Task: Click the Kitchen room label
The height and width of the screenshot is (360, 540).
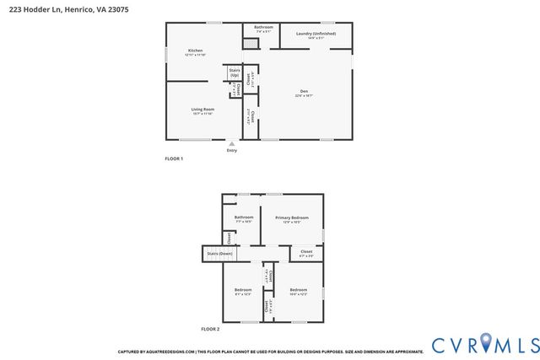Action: coord(195,51)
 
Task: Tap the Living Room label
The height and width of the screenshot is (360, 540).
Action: coord(202,110)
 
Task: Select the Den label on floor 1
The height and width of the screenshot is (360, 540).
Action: coord(304,91)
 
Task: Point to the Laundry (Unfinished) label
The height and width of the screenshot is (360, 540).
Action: coord(316,34)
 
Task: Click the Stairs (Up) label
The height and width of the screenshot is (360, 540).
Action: coord(234,73)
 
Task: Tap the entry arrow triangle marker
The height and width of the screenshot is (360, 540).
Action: coord(232,144)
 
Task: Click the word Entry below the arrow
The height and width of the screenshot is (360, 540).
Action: coord(232,151)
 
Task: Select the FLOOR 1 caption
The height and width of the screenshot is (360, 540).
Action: coord(173,159)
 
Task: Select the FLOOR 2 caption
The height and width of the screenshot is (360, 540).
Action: coord(210,328)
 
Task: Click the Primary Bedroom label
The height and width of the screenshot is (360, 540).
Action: coord(292,218)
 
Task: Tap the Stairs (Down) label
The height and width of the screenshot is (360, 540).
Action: coord(219,253)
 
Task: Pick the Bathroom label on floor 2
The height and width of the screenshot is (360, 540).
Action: coord(244,218)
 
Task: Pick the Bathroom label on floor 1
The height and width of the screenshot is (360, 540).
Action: coord(263,27)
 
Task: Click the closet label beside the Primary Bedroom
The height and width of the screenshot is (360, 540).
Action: coord(306,251)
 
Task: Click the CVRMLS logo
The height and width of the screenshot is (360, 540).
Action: coord(485,344)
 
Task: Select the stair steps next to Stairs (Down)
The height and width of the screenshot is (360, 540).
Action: coord(245,254)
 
